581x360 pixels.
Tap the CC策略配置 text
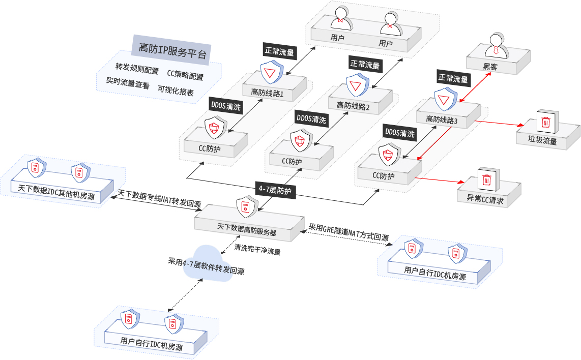pyautogui.click(x=185, y=77)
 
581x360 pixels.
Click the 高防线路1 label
pyautogui.click(x=267, y=93)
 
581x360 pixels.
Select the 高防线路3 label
pyautogui.click(x=442, y=121)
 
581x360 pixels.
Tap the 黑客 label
pyautogui.click(x=491, y=66)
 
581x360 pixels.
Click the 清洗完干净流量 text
pyautogui.click(x=257, y=250)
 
